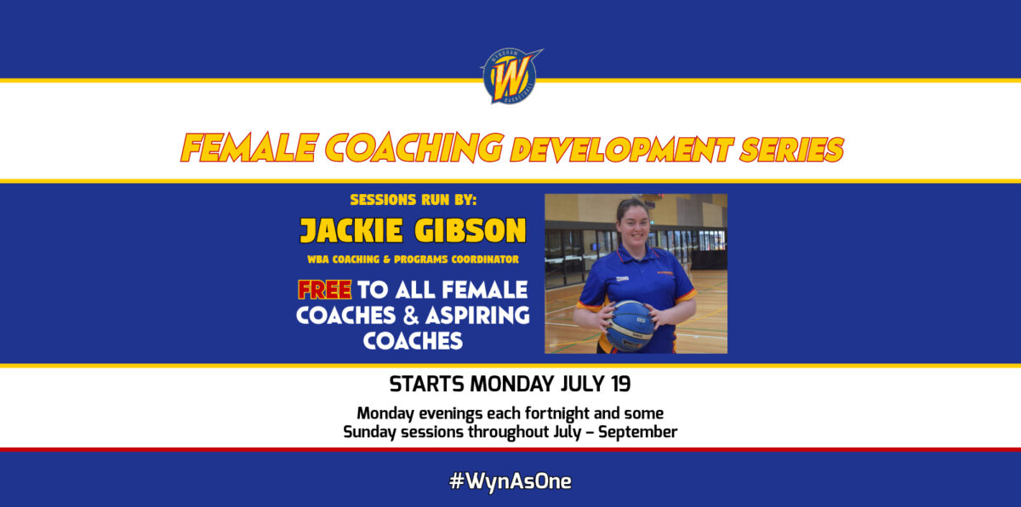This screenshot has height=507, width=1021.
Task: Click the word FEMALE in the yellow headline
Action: (x=249, y=148)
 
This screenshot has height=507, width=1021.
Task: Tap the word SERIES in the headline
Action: (x=791, y=150)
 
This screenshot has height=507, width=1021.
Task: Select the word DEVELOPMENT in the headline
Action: (x=622, y=150)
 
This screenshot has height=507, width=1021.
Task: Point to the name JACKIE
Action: (x=351, y=230)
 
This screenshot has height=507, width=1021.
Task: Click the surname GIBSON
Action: (x=470, y=230)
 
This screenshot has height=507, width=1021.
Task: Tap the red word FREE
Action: (x=324, y=290)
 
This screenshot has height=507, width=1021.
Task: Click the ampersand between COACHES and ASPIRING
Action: (x=411, y=316)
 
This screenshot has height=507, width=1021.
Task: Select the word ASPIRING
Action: (x=477, y=316)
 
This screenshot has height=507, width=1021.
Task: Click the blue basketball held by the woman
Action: (x=630, y=326)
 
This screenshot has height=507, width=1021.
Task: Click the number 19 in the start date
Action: (x=621, y=384)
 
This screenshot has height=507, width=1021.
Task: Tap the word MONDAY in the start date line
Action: (x=511, y=384)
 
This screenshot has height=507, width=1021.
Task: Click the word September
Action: (x=637, y=432)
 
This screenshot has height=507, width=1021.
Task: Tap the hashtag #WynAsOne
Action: (x=510, y=481)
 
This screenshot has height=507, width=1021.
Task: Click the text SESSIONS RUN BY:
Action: (x=413, y=200)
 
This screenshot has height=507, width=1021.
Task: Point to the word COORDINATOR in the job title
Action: (x=485, y=259)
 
